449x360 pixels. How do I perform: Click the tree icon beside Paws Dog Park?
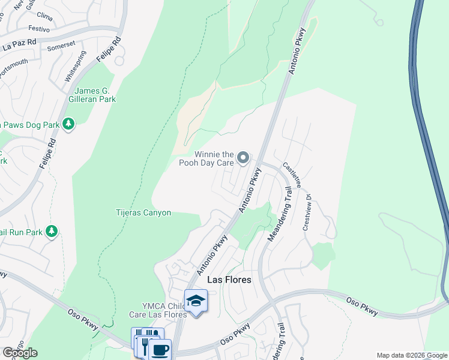(x=69, y=124)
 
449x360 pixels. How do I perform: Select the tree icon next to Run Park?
(x=52, y=231)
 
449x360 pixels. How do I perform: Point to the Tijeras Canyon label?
(x=143, y=212)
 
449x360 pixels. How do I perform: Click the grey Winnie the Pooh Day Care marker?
(x=243, y=158)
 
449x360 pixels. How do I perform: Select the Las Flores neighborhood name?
(x=229, y=280)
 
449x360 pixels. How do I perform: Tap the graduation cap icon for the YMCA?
(x=196, y=300)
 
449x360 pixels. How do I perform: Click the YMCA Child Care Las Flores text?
(x=154, y=309)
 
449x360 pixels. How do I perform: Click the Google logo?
(x=20, y=353)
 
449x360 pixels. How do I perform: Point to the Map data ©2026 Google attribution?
(x=411, y=355)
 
